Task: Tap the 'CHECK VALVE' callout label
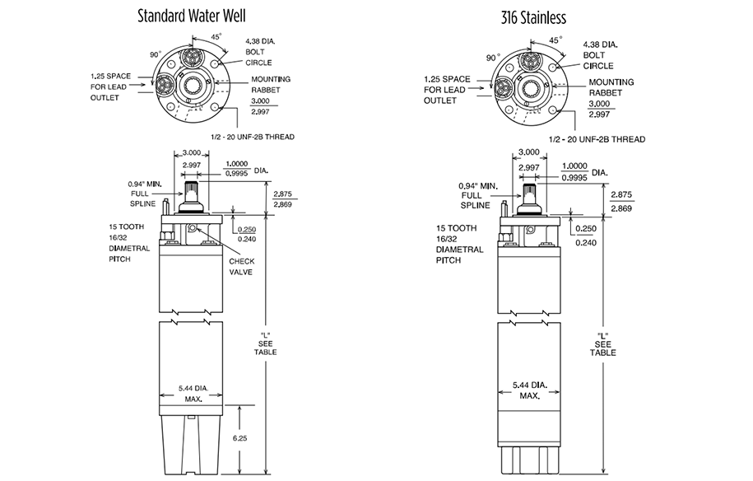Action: (241, 267)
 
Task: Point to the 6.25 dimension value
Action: (240, 438)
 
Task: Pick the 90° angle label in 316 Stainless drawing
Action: (493, 58)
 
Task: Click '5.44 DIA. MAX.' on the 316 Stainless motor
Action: (528, 390)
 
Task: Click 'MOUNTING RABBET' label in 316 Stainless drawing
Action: (611, 87)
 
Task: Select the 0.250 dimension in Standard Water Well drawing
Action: (248, 231)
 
